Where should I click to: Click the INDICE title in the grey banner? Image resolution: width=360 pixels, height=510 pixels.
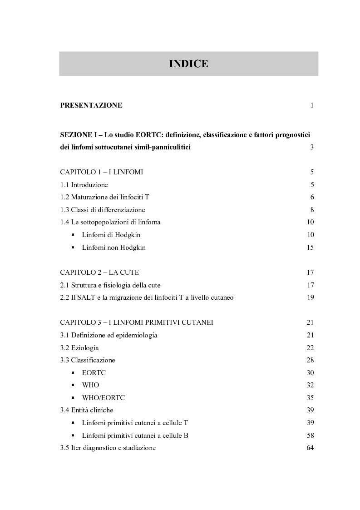coord(188,64)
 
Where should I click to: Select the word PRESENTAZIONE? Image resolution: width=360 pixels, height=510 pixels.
coord(91,106)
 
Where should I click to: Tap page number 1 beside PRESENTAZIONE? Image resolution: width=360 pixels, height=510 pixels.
coord(312,106)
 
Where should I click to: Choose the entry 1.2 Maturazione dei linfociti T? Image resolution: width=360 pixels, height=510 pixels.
coord(104,198)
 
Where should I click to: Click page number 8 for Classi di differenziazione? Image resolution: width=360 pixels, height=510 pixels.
coord(312,210)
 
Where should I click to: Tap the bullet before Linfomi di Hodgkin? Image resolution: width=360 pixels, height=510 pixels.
coord(73,235)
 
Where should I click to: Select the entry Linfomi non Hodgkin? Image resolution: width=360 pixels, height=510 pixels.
coord(114,248)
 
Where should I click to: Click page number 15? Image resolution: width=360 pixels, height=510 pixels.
coord(311,248)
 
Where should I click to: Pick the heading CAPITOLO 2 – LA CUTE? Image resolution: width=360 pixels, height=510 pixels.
coord(99,272)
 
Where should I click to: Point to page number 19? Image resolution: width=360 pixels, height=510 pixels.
coord(311,298)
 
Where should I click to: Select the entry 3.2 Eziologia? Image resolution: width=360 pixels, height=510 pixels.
coord(79,348)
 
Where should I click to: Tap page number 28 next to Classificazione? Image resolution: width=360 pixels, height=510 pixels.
coord(311,360)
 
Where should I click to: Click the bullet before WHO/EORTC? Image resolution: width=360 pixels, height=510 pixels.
coord(73,398)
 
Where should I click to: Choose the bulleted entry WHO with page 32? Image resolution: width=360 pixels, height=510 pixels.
coord(90,385)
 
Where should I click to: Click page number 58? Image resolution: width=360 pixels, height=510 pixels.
coord(311,436)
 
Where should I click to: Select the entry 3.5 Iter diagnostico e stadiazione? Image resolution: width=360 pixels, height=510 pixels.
coord(108,448)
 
